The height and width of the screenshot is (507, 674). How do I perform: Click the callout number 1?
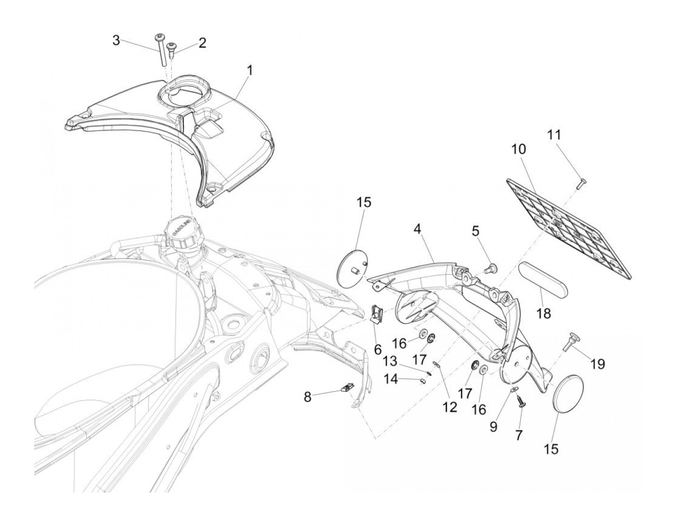pyautogui.click(x=249, y=70)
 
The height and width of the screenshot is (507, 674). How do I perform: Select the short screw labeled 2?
pyautogui.click(x=171, y=49)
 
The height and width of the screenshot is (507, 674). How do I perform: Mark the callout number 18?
pyautogui.click(x=544, y=313)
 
